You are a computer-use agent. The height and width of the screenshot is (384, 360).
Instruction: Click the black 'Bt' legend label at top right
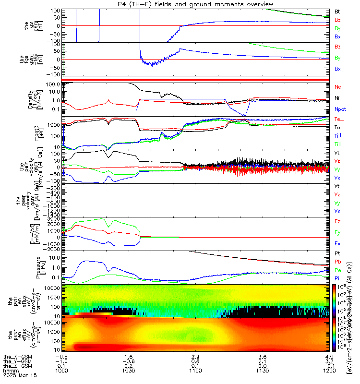tap(337, 11)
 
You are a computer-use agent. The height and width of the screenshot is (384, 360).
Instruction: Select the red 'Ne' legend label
tap(338, 87)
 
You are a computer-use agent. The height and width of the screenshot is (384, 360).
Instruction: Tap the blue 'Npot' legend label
tap(340, 109)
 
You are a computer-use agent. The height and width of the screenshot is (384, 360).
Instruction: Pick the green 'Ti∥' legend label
tap(338, 144)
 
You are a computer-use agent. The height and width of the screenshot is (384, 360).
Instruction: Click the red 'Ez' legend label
tap(337, 221)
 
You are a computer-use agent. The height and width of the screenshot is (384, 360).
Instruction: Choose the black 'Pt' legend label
tap(337, 255)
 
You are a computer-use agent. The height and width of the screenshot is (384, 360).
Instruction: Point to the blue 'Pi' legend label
tap(337, 278)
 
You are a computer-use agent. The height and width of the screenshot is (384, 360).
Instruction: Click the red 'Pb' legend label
tap(337, 263)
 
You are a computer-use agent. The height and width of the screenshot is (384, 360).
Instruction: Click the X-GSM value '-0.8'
tap(60, 357)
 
